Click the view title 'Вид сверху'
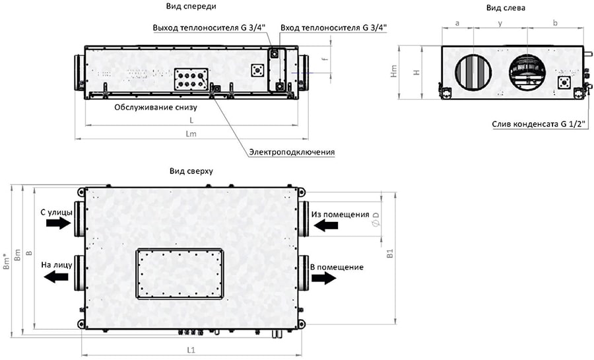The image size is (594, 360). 191,171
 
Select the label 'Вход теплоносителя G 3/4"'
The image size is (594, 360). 333,28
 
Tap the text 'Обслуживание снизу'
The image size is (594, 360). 156,106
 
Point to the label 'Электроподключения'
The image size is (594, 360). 292,152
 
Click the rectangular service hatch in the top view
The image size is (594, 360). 178,273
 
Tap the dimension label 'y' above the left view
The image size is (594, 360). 500,23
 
